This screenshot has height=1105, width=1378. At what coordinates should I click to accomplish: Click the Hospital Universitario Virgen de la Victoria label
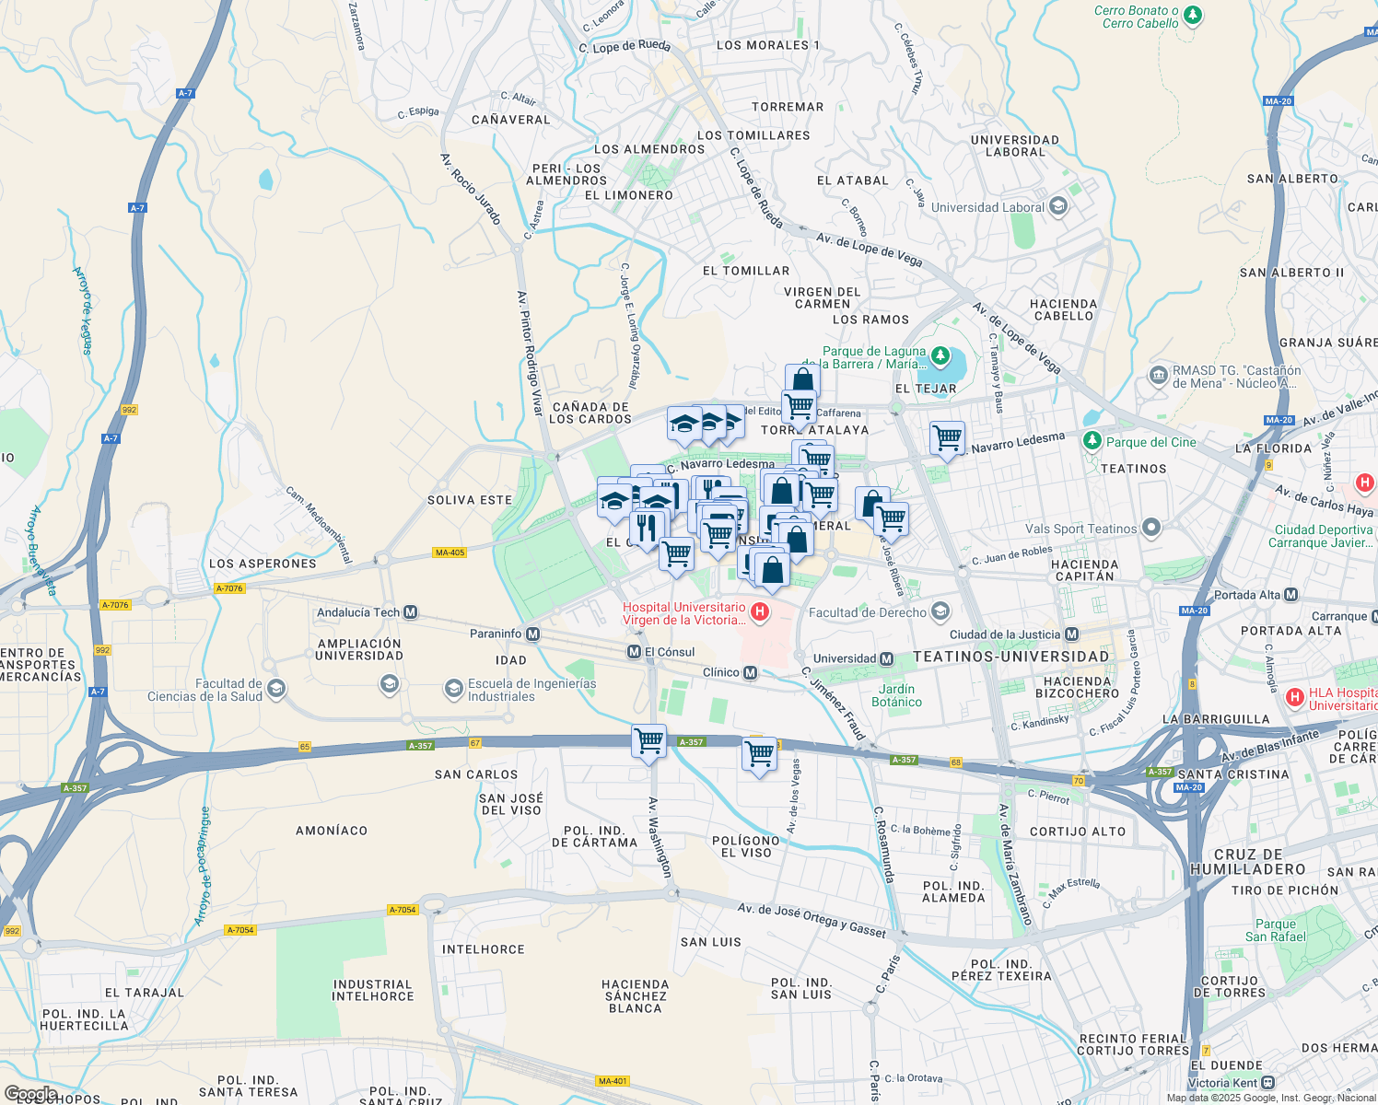point(683,613)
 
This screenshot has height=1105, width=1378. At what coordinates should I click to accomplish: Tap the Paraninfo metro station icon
point(532,634)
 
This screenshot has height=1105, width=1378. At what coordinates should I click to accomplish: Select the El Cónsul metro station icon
point(634,652)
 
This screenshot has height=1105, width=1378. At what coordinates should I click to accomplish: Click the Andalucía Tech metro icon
point(411,612)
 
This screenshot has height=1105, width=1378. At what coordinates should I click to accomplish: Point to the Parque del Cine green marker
point(1092,441)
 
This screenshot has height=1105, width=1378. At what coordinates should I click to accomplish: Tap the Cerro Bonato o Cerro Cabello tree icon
point(1193,15)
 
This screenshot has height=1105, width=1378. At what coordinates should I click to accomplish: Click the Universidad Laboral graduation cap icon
point(1057,206)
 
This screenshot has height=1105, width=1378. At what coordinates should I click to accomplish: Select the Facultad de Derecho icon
point(940,611)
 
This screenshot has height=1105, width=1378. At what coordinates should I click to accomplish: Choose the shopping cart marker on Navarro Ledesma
point(947,438)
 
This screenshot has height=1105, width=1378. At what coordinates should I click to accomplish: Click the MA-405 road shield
point(450,552)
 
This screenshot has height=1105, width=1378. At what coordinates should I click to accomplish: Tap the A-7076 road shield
point(228,588)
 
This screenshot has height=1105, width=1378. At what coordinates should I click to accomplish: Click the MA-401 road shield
point(613,1081)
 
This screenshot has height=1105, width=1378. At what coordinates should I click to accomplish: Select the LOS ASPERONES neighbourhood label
point(263,564)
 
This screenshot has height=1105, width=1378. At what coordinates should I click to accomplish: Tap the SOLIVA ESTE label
point(470,500)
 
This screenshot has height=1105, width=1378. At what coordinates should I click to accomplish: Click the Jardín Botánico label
point(896,695)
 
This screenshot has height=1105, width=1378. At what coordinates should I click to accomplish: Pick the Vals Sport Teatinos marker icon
point(1150,528)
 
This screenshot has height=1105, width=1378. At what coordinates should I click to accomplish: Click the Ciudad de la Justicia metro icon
point(1071,634)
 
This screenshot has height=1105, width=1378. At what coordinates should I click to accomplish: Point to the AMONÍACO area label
point(332,831)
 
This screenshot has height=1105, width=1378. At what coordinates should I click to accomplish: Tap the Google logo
point(30,1094)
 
